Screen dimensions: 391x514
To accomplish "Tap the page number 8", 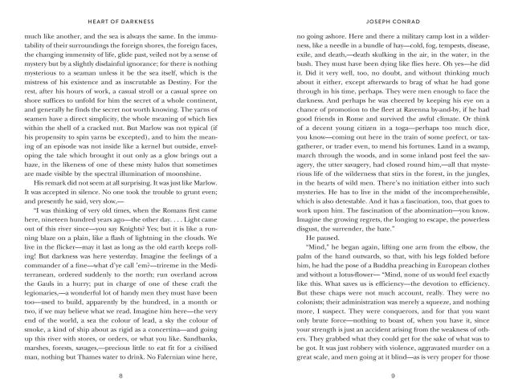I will tap(120, 375).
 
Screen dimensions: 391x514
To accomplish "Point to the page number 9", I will tap(393, 375).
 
